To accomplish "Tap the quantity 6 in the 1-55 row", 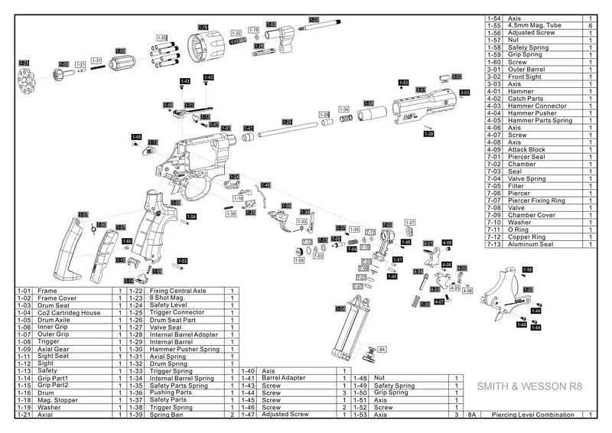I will click(591, 26).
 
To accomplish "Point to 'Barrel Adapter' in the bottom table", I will click(286, 378).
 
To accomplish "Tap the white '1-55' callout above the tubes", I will click(161, 37).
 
